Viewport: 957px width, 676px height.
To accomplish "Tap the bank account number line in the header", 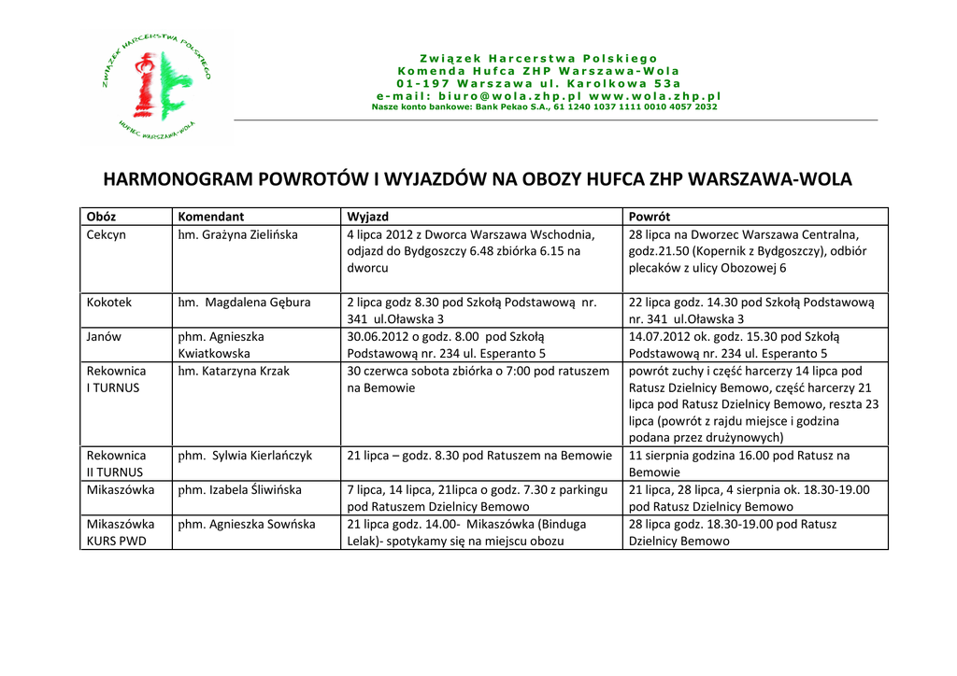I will [x=544, y=106].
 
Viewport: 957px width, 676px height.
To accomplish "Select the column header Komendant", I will [x=211, y=217].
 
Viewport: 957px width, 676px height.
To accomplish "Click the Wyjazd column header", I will [x=367, y=217].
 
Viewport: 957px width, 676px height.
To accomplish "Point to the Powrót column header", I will [x=650, y=217].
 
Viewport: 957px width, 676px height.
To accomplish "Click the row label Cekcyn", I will [x=106, y=234].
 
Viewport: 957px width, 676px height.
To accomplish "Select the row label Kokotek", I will [x=109, y=303].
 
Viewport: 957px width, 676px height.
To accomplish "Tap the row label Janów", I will [x=104, y=336].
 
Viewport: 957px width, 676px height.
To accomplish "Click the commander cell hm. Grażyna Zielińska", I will [x=237, y=234].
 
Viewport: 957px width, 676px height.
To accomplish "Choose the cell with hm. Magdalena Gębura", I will [x=244, y=303].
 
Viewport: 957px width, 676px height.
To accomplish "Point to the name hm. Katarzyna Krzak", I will [x=234, y=371].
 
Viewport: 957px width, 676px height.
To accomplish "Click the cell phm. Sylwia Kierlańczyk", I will [x=245, y=456].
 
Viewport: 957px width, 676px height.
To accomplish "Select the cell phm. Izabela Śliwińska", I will [x=240, y=489].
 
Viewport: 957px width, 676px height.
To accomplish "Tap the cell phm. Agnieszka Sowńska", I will [x=247, y=524].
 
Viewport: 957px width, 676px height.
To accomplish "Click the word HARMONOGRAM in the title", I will [x=177, y=179].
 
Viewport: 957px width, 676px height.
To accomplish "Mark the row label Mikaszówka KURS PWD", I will [x=121, y=532].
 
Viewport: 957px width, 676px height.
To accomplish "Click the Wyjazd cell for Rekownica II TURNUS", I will [x=479, y=456].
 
